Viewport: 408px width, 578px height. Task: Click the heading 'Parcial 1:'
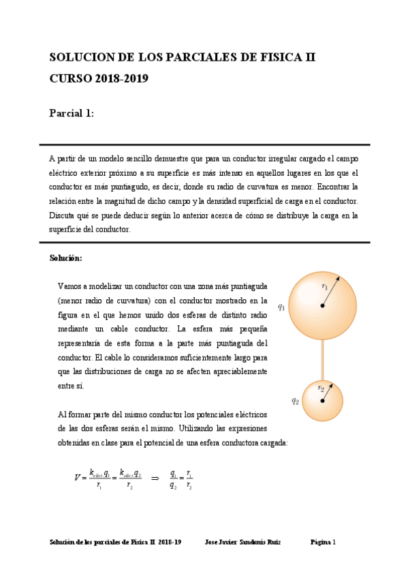click(72, 114)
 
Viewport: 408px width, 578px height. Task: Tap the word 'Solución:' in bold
click(65, 258)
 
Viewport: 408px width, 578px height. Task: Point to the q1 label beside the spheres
click(281, 307)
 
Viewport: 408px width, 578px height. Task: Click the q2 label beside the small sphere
click(295, 401)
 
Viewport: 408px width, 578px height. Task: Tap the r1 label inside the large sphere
click(325, 286)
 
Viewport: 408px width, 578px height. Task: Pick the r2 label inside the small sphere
click(321, 387)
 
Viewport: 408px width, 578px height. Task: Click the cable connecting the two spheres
click(323, 359)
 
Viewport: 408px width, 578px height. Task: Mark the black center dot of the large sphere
click(322, 305)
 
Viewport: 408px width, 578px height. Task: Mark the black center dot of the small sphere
click(322, 401)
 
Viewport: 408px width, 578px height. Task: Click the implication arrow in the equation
click(154, 478)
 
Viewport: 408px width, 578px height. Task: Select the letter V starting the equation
click(77, 478)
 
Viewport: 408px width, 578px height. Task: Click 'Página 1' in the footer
click(323, 543)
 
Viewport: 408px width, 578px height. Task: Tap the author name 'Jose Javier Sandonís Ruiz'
click(242, 543)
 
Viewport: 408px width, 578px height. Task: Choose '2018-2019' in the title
click(122, 78)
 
